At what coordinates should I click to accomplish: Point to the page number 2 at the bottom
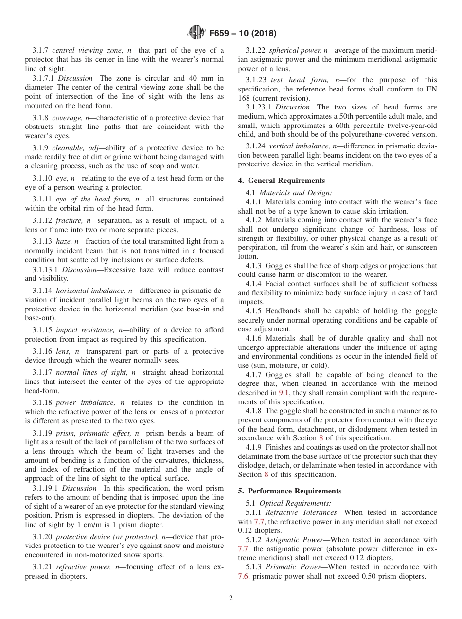(x=231, y=598)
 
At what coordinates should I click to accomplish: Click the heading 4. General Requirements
(x=281, y=181)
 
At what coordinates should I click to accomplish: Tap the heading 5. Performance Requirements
(x=290, y=491)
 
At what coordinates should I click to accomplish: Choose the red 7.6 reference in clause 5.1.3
(x=243, y=576)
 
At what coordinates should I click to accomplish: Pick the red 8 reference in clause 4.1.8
(x=321, y=438)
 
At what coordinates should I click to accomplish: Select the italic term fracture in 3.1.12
(x=70, y=220)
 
